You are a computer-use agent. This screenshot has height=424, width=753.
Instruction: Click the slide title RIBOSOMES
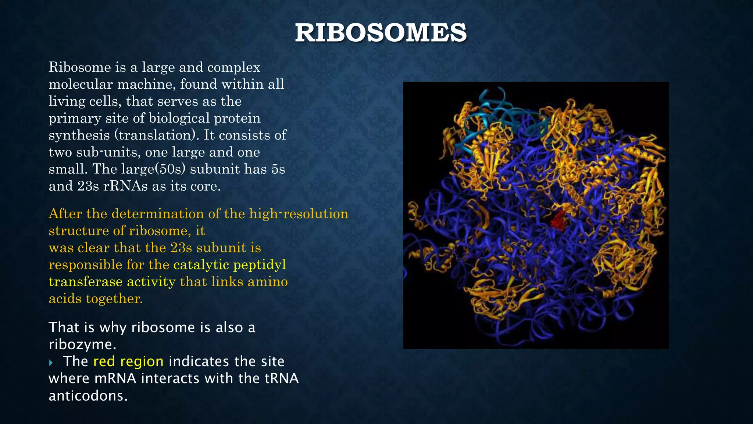[381, 33]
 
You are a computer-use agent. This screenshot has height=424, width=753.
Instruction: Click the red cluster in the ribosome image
[558, 220]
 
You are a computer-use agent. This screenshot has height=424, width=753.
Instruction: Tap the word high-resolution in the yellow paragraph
[299, 214]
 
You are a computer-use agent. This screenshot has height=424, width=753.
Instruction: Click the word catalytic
[201, 265]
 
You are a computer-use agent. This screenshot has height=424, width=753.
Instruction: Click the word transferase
[86, 282]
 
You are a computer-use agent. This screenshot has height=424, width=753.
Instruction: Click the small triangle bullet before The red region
[51, 363]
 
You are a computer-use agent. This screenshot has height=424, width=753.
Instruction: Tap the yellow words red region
[128, 361]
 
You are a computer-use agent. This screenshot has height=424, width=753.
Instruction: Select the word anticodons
[88, 396]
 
